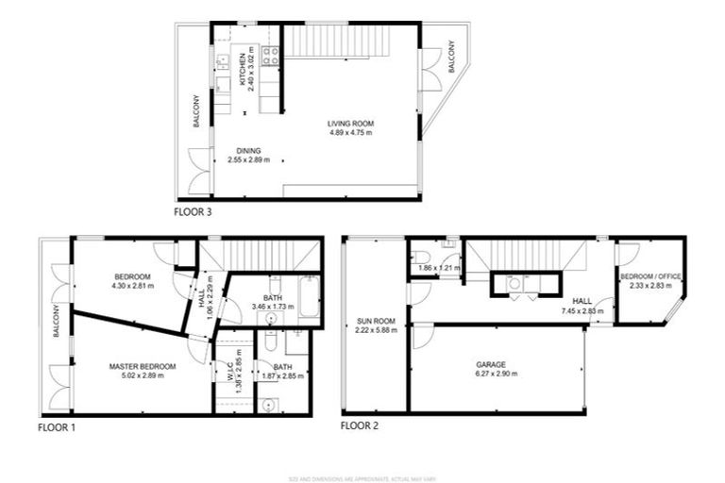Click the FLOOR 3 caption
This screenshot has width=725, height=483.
194,212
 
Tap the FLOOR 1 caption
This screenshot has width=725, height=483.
57,427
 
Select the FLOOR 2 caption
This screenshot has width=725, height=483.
362,426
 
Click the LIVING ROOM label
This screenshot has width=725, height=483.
350,124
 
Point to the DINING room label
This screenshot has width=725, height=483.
248,150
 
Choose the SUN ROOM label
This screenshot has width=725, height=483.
374,321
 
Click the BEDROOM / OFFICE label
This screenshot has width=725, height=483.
649,275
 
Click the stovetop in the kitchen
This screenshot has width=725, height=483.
269,56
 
